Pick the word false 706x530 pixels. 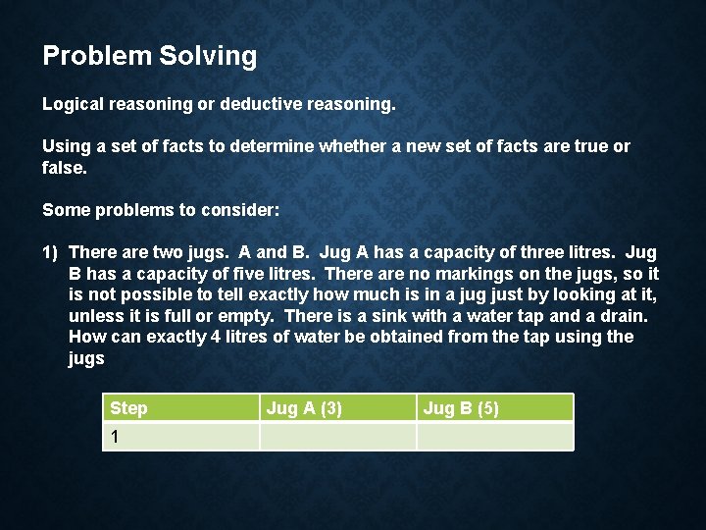point(62,168)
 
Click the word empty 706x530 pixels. point(246,316)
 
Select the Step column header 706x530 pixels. point(129,408)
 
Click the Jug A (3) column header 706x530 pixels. point(304,408)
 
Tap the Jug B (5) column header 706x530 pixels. point(461,408)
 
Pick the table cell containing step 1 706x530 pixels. point(180,437)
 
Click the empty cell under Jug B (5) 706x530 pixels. point(494,437)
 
